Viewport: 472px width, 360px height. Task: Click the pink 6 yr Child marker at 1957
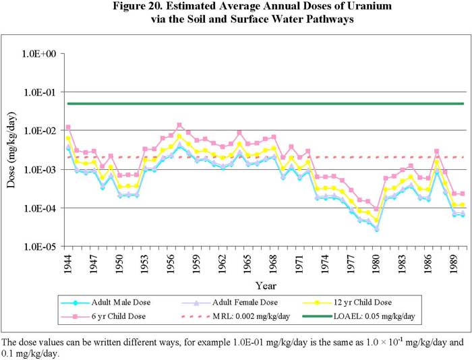(179, 125)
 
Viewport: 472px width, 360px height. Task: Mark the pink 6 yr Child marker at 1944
(68, 127)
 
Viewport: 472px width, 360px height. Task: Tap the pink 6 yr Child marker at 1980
(376, 210)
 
